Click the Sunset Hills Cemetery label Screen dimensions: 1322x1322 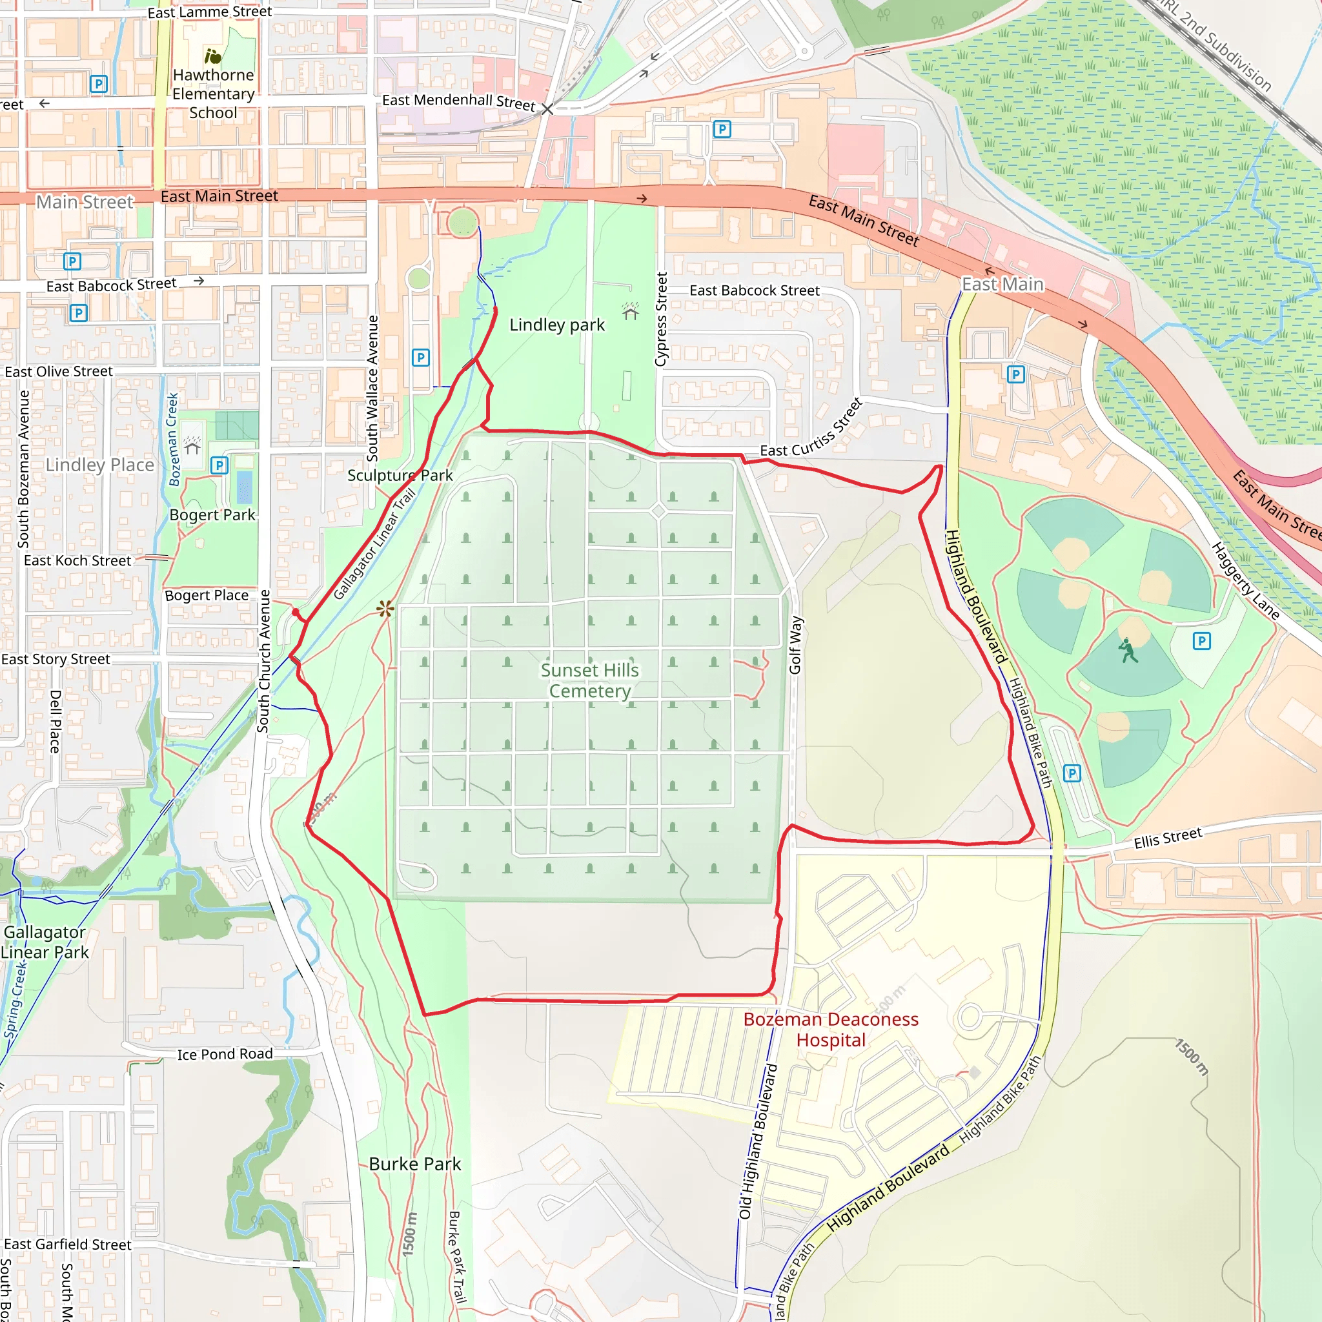tap(589, 680)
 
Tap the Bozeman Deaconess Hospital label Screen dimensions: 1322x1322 tap(831, 1029)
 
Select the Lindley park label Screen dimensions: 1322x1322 tap(557, 325)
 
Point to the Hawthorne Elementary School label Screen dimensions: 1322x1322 tap(214, 94)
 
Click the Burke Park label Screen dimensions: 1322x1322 tap(414, 1164)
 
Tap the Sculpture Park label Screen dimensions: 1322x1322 tap(400, 475)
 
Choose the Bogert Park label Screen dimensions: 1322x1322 tap(212, 514)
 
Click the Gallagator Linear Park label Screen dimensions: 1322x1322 tap(45, 942)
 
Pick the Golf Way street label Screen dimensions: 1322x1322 tap(795, 646)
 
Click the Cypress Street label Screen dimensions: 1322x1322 tap(661, 319)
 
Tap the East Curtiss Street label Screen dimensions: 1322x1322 tap(811, 429)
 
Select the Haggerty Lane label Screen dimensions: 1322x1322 tap(1245, 580)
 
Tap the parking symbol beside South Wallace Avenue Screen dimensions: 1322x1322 tap(421, 357)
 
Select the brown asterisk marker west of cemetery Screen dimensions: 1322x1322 tap(385, 608)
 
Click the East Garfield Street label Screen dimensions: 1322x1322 tap(68, 1244)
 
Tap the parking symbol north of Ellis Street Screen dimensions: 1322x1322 tap(1072, 773)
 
